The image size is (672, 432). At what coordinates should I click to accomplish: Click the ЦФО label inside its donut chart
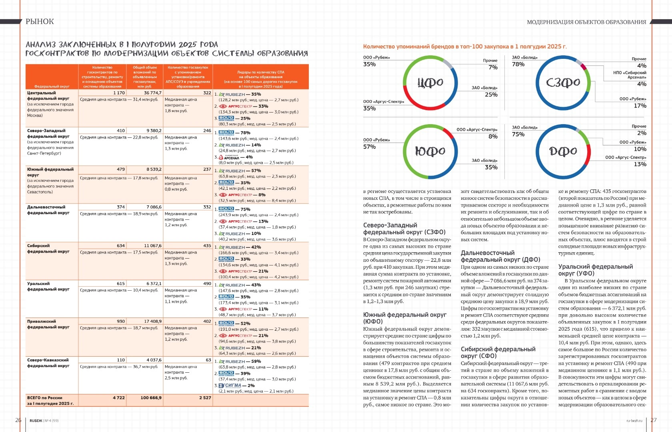(x=430, y=82)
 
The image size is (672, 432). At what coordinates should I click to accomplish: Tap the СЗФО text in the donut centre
(x=563, y=82)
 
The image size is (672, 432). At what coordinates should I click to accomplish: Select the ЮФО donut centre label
(x=430, y=151)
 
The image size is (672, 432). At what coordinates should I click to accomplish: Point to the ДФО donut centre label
(x=563, y=151)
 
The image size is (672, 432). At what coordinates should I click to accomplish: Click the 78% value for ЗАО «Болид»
(x=518, y=64)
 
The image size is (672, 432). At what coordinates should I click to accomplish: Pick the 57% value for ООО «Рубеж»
(x=369, y=147)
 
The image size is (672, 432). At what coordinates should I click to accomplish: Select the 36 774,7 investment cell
(x=153, y=93)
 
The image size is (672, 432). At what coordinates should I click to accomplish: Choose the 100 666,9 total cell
(x=151, y=398)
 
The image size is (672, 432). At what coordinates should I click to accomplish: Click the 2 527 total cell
(x=205, y=398)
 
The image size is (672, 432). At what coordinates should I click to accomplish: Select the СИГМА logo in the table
(x=230, y=386)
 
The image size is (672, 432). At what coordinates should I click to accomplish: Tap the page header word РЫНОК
(x=40, y=22)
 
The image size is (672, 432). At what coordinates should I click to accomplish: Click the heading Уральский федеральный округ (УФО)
(x=595, y=270)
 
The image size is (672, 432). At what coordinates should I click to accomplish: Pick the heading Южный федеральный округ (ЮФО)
(x=404, y=318)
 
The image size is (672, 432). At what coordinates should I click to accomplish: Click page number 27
(x=654, y=420)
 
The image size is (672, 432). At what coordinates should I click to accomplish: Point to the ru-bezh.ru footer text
(x=634, y=421)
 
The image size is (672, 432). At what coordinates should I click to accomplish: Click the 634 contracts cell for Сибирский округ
(x=121, y=246)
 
